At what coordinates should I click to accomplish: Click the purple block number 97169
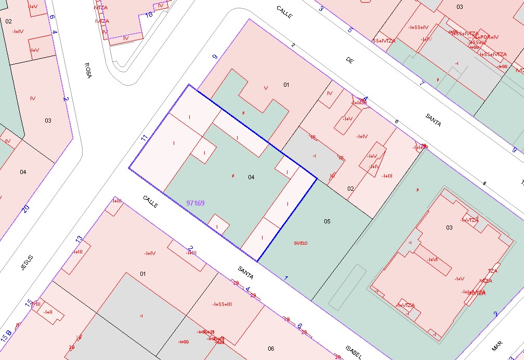[195, 203]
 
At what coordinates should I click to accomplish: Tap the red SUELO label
[300, 243]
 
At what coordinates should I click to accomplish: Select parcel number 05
[327, 221]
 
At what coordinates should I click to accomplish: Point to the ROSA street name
[88, 70]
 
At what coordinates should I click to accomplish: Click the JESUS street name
[27, 263]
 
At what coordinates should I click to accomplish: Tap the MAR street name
[497, 346]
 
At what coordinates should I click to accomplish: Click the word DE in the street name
[349, 60]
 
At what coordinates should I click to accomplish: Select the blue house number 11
[145, 138]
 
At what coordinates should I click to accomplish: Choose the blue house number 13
[79, 239]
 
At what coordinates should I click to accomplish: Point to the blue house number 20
[25, 209]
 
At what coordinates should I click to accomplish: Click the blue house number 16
[149, 15]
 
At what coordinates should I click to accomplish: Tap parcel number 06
[271, 348]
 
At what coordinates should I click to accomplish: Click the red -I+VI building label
[431, 260]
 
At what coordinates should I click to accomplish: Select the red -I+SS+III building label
[222, 304]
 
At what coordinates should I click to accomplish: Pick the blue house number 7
[422, 83]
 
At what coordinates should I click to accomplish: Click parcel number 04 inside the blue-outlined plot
[251, 177]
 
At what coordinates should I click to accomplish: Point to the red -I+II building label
[47, 312]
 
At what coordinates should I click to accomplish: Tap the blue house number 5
[350, 30]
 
